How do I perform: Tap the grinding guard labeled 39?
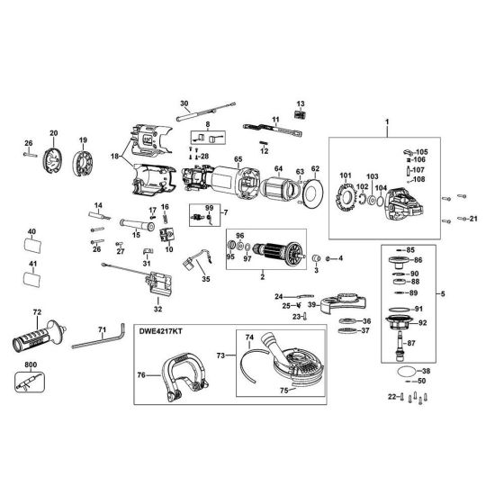click(x=343, y=297)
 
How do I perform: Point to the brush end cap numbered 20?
click(x=55, y=163)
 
